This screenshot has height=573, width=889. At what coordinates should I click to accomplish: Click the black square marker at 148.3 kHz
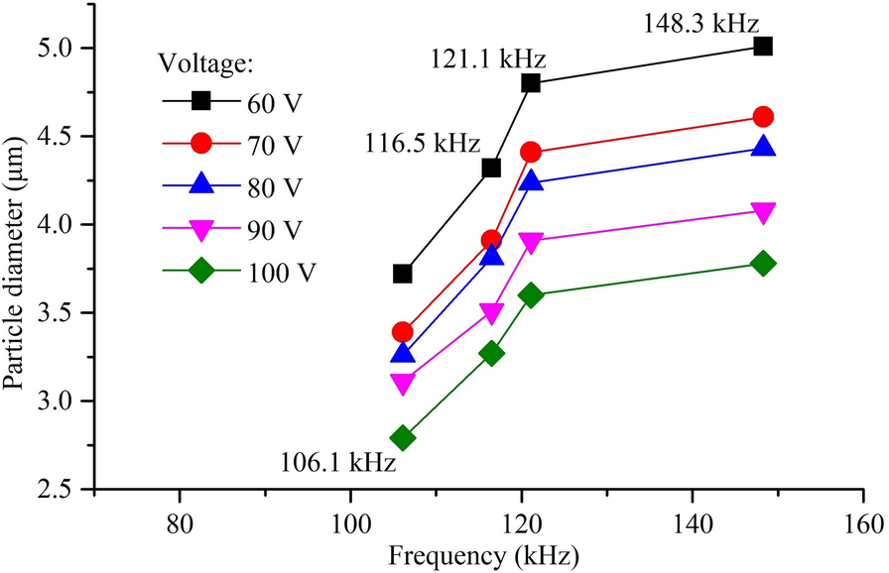click(x=763, y=46)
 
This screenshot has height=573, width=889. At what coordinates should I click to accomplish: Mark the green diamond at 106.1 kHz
click(x=403, y=438)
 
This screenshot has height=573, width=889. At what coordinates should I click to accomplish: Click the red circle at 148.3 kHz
click(x=763, y=117)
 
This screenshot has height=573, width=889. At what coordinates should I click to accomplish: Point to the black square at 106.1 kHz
click(x=403, y=274)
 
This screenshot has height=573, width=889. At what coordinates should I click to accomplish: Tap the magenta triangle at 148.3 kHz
click(x=763, y=211)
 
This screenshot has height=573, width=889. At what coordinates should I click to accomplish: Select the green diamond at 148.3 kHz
click(x=763, y=264)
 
